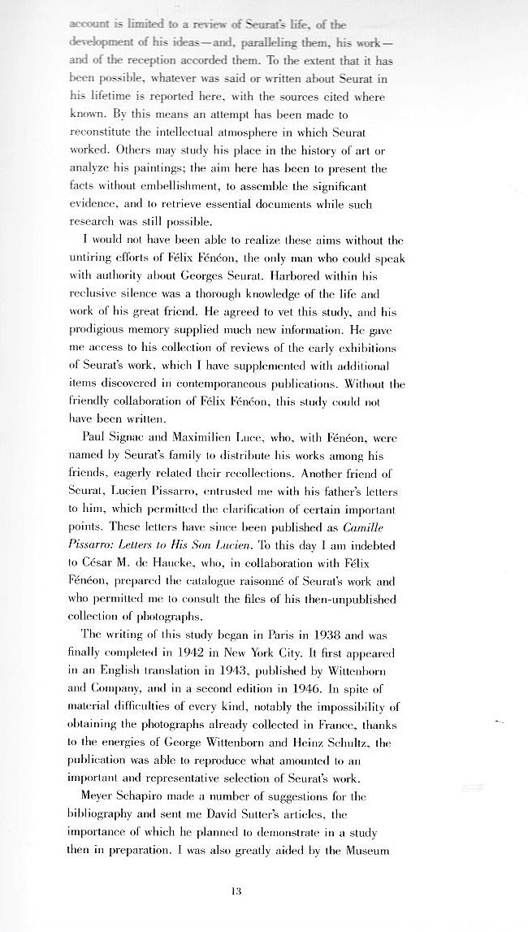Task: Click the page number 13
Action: pyautogui.click(x=236, y=891)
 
